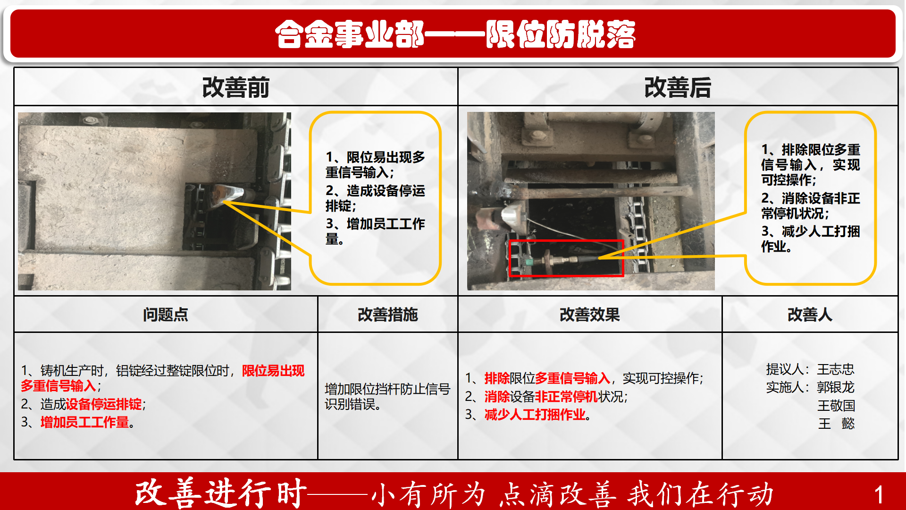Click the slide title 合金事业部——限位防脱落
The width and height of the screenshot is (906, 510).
click(455, 34)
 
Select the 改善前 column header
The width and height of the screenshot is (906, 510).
click(235, 87)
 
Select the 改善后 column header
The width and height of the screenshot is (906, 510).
click(678, 87)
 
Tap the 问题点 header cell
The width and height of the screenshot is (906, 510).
click(166, 314)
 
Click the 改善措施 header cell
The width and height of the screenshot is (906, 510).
click(388, 314)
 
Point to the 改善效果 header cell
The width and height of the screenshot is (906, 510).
click(590, 314)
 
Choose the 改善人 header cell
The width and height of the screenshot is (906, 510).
click(810, 314)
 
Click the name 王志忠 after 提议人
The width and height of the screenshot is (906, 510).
click(836, 369)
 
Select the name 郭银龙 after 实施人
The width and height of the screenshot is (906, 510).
click(836, 387)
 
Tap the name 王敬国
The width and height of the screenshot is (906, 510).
click(836, 406)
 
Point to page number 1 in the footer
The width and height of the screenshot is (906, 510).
click(879, 495)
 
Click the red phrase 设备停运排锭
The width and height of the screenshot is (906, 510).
click(104, 404)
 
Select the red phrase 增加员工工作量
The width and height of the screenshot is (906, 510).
click(84, 422)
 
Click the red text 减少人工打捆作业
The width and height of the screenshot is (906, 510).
click(535, 415)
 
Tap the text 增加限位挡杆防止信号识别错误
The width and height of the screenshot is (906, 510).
click(387, 397)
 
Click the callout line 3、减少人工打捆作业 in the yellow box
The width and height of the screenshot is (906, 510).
click(810, 238)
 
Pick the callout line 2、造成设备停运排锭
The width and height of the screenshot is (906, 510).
click(375, 198)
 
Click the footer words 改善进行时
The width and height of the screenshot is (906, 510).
click(221, 494)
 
